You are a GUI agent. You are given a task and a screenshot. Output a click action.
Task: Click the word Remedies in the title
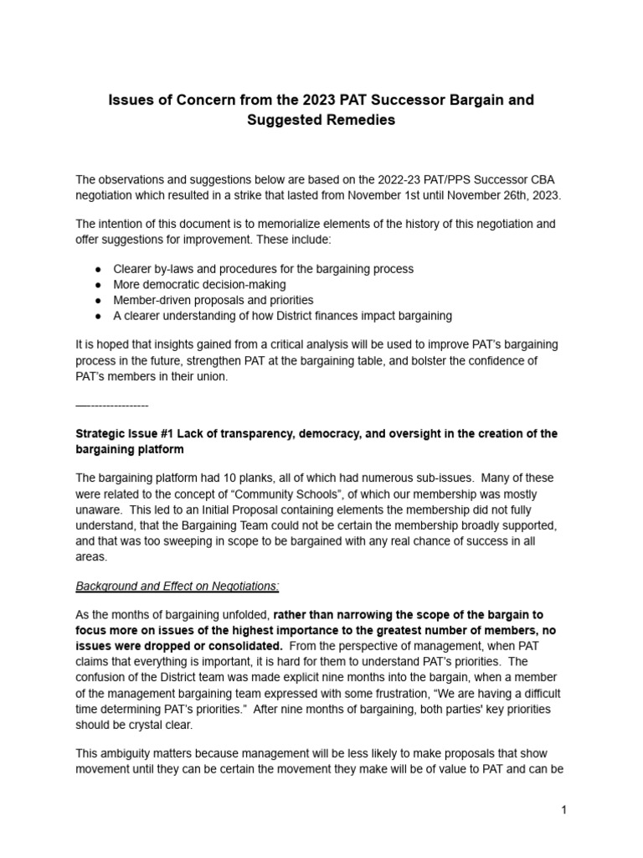(x=352, y=120)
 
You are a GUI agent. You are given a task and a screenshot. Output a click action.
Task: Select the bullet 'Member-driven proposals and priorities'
(x=213, y=299)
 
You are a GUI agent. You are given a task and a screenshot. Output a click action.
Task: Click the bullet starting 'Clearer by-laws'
(x=263, y=269)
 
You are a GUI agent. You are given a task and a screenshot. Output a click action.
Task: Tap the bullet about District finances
(x=282, y=315)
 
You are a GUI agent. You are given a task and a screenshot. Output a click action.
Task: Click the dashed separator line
(x=112, y=406)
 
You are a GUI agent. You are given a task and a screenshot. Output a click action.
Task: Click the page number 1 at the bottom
(x=565, y=810)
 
